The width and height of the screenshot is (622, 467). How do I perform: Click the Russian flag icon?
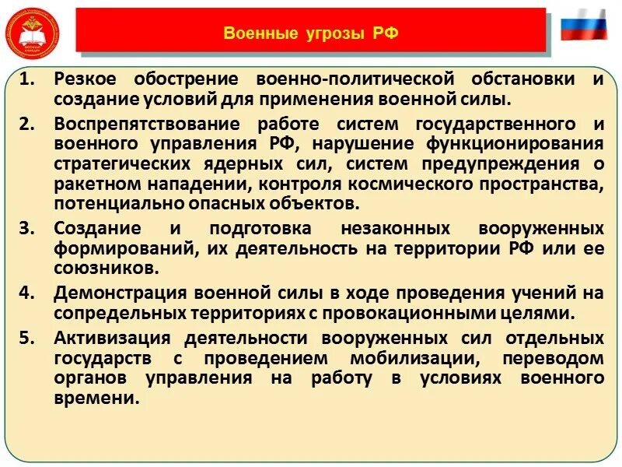583,26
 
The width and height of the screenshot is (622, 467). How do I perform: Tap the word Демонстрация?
115,293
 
